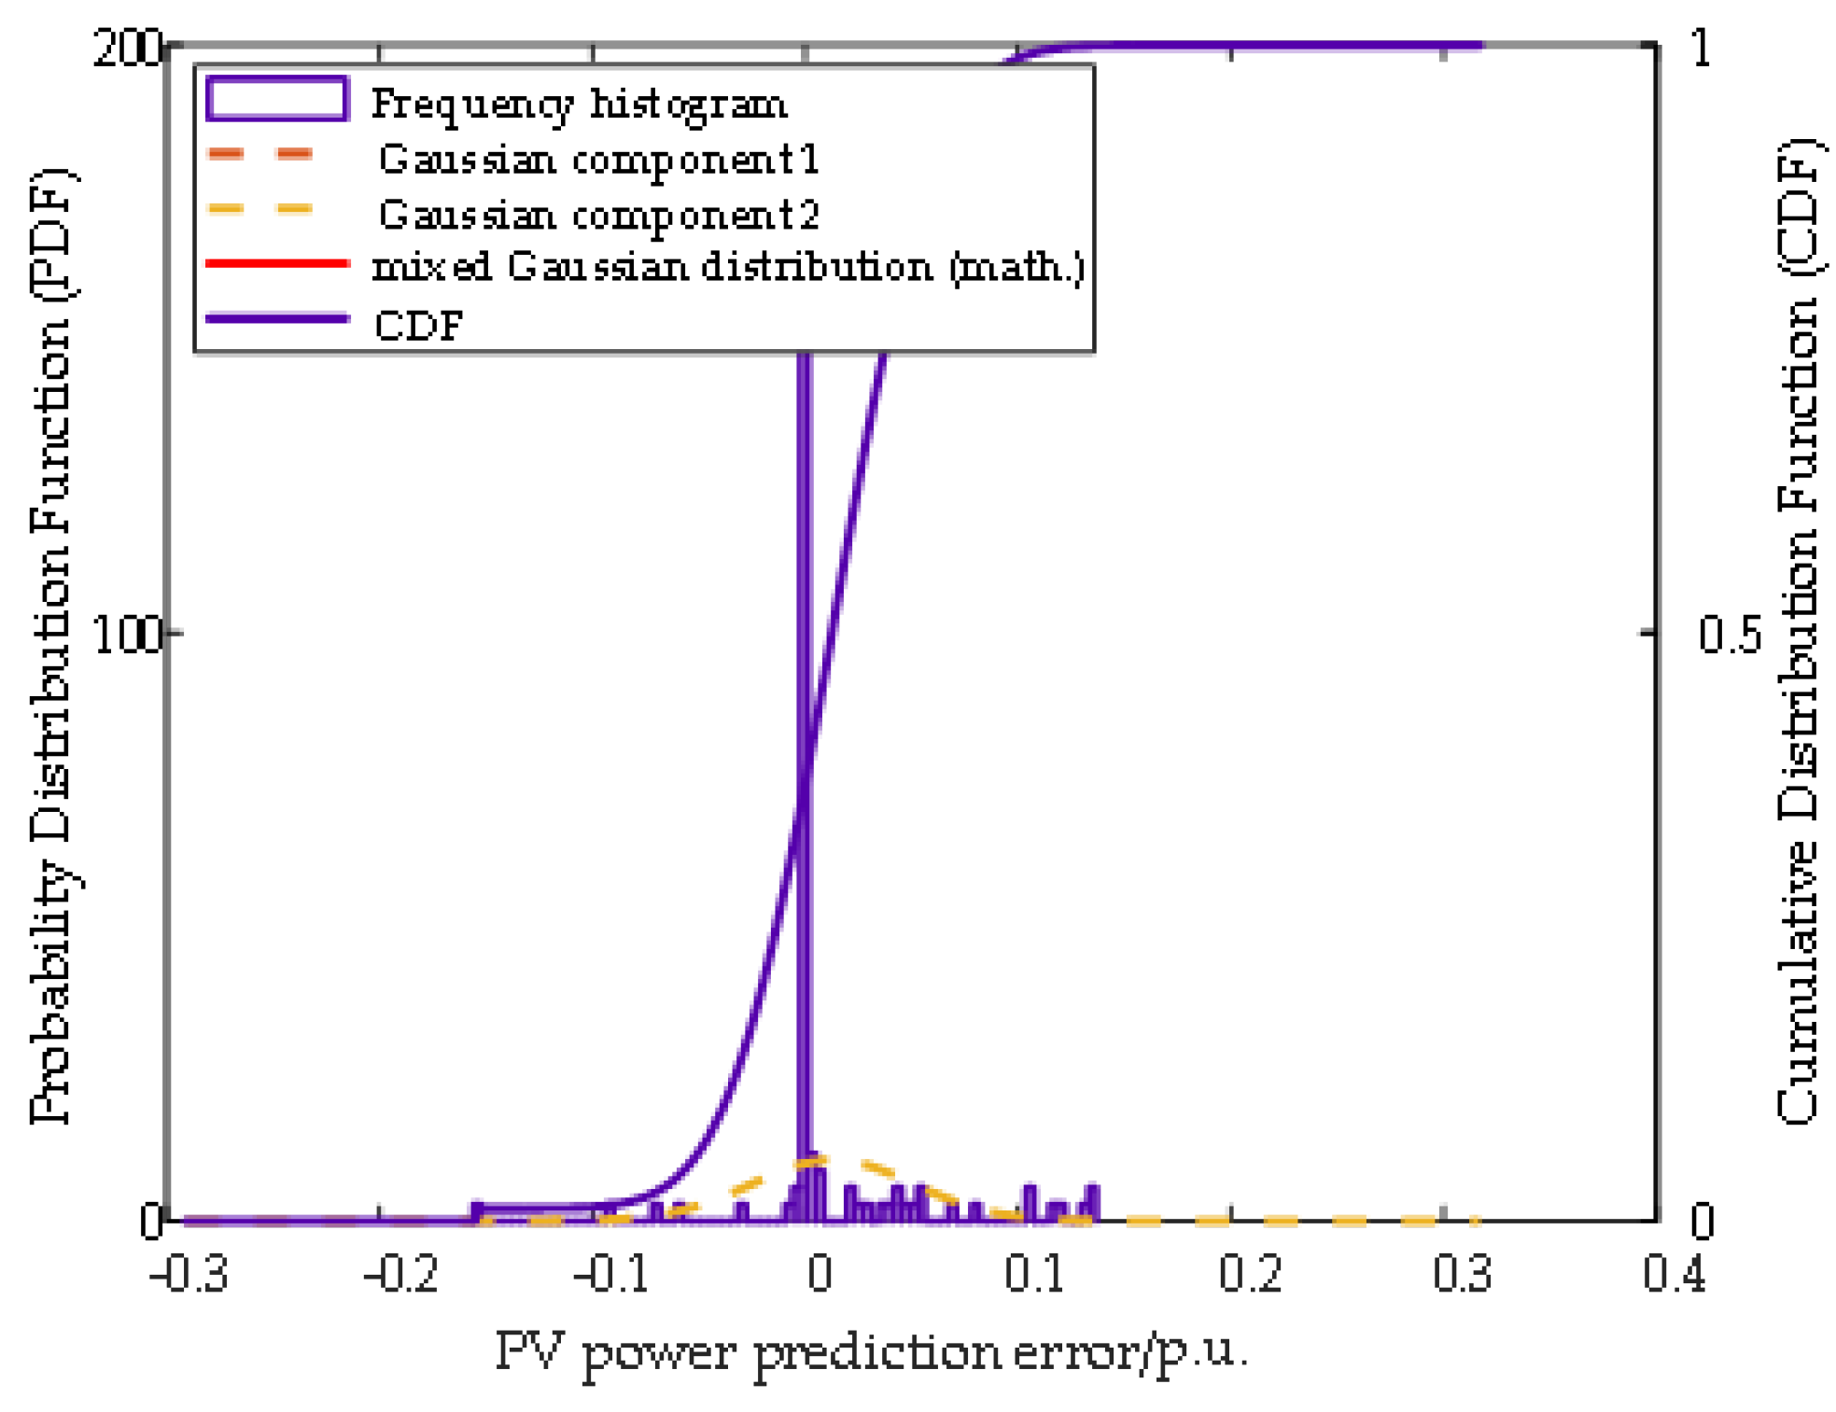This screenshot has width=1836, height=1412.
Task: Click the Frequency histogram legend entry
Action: point(578,104)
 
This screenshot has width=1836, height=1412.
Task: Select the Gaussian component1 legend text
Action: point(598,160)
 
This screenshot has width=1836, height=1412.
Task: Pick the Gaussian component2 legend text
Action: point(598,216)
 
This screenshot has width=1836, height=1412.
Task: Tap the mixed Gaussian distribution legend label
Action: point(728,268)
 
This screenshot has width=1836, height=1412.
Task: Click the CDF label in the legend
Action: point(418,326)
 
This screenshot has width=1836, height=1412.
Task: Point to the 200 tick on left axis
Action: point(127,47)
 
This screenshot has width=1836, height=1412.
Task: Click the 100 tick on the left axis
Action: point(127,636)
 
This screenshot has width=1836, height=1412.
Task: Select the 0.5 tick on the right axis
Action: point(1729,636)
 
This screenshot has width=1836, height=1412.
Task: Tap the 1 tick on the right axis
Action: point(1701,47)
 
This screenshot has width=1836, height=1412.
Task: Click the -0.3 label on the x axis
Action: point(189,1273)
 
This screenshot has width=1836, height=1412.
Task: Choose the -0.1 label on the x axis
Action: point(611,1273)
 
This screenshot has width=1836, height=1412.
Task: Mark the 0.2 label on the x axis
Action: point(1251,1273)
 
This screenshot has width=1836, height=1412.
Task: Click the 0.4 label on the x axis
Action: point(1675,1273)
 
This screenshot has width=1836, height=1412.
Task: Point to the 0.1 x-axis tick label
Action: point(1034,1273)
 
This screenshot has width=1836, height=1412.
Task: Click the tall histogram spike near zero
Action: point(805,747)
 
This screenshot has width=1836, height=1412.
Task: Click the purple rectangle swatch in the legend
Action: point(277,99)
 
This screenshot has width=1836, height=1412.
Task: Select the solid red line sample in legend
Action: point(277,264)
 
